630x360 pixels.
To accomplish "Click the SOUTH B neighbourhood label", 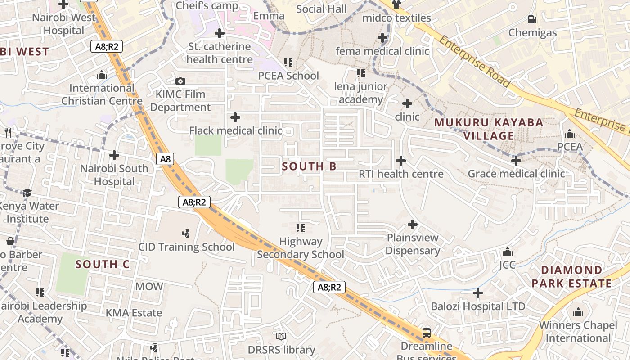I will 309,166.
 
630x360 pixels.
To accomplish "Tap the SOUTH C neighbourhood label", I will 103,264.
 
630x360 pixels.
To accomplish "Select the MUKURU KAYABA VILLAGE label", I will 489,129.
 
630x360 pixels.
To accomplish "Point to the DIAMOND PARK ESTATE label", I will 572,277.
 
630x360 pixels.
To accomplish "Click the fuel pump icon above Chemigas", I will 532,19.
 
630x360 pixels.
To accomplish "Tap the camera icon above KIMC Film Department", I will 180,81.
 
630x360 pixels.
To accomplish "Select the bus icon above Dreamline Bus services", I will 426,333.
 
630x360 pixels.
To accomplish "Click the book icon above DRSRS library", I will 281,336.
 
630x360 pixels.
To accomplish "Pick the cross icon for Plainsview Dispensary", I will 413,224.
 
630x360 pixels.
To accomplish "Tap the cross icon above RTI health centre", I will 400,160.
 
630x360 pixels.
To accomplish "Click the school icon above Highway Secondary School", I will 301,228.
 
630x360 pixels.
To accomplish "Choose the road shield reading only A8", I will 166,159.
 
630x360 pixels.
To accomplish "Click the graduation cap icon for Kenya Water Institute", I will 27,193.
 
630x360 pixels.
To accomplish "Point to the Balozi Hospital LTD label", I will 478,306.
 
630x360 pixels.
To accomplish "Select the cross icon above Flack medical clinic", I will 235,117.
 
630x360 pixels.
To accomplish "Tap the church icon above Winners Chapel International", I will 578,312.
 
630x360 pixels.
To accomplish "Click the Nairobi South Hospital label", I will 114,175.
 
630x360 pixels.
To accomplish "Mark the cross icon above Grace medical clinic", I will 516,160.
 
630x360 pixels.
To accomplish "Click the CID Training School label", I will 186,247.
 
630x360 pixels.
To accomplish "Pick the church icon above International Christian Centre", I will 102,75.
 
